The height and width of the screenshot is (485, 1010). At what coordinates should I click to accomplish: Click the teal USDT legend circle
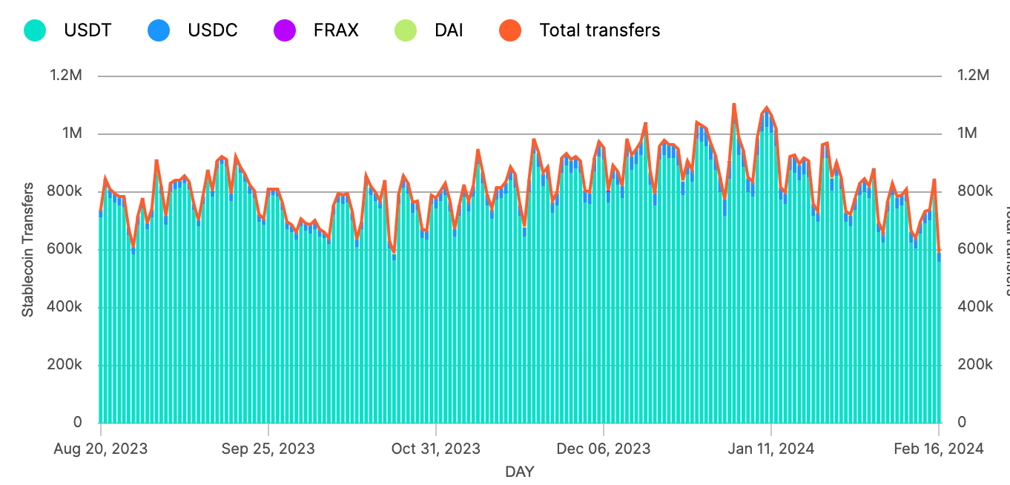pyautogui.click(x=35, y=30)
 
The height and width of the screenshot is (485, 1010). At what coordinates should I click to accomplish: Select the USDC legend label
pyautogui.click(x=212, y=30)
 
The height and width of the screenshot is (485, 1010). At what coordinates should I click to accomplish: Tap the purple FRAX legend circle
pyautogui.click(x=284, y=30)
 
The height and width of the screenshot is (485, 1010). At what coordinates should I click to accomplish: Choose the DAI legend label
pyautogui.click(x=449, y=30)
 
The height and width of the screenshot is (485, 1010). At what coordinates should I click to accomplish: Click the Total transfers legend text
pyautogui.click(x=599, y=30)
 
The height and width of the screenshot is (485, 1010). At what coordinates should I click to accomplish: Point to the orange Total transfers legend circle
pyautogui.click(x=509, y=30)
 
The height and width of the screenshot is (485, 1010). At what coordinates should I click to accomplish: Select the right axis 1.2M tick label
pyautogui.click(x=973, y=76)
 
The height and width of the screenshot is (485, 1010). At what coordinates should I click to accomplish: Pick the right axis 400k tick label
pyautogui.click(x=974, y=307)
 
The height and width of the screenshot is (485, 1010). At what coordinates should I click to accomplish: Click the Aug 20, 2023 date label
pyautogui.click(x=101, y=449)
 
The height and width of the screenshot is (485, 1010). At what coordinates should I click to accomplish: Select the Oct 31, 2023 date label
pyautogui.click(x=436, y=449)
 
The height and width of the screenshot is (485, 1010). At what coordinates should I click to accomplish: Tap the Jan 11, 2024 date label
pyautogui.click(x=771, y=449)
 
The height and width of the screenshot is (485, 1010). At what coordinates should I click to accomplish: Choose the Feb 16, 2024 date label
pyautogui.click(x=939, y=449)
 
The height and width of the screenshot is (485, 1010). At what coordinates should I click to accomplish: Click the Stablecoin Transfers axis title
pyautogui.click(x=28, y=249)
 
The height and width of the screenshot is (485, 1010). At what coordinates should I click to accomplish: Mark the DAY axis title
pyautogui.click(x=520, y=472)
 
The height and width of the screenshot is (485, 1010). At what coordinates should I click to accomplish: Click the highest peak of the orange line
pyautogui.click(x=733, y=105)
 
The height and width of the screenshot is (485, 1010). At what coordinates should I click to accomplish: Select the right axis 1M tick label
pyautogui.click(x=967, y=133)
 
